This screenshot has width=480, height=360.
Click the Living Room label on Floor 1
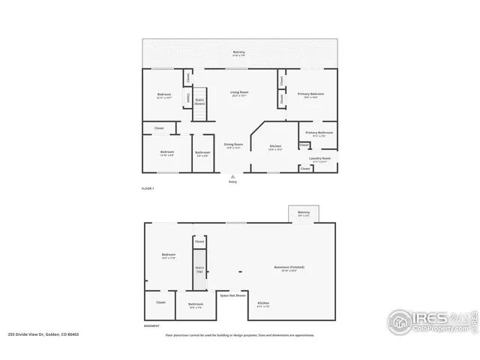[x=239, y=93]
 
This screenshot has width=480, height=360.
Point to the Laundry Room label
[x=320, y=159]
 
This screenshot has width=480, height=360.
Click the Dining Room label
[x=233, y=145]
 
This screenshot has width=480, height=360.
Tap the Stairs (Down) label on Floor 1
[x=199, y=101]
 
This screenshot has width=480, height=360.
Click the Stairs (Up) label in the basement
[x=199, y=268]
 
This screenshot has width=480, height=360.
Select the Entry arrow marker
[x=232, y=178]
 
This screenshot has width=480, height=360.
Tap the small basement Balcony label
[x=303, y=214]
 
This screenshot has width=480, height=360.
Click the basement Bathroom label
[x=196, y=305]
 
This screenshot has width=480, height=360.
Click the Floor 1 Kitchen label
[x=275, y=147]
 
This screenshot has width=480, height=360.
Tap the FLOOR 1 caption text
[x=148, y=188]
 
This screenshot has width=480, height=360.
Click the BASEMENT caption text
[x=151, y=326]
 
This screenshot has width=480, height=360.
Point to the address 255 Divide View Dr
[x=43, y=334]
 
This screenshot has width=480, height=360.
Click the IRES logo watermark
[x=430, y=320]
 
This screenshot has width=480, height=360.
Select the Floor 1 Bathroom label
[x=202, y=154]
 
